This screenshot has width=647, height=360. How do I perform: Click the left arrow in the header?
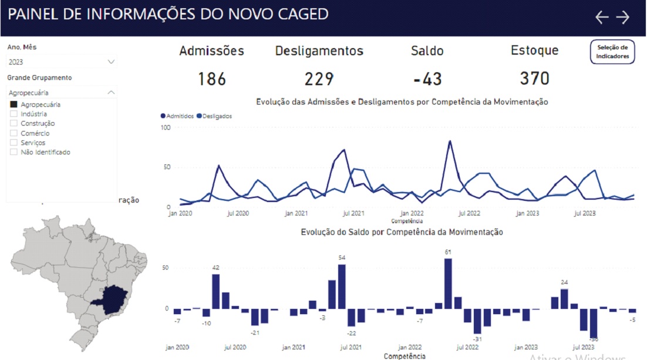tap(602, 17)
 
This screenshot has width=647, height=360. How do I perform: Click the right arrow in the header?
tap(622, 17)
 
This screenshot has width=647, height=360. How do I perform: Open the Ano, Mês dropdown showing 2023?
tap(62, 62)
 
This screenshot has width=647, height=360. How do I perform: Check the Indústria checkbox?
tap(14, 114)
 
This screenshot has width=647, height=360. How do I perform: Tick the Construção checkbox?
tap(14, 123)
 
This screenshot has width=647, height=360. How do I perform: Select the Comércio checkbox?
tap(14, 133)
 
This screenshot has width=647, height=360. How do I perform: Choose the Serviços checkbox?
tap(14, 143)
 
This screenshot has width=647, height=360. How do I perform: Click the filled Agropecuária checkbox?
tap(14, 105)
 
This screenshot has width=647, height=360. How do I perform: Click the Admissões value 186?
tap(212, 79)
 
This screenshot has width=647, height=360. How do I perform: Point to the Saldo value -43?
tap(427, 79)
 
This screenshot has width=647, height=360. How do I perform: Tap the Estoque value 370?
tap(534, 78)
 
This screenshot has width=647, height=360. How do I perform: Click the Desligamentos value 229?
tap(319, 79)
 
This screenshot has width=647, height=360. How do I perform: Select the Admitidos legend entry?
tap(180, 116)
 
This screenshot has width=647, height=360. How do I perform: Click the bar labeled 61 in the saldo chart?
tap(448, 283)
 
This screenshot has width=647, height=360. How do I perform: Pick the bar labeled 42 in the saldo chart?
tap(216, 291)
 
